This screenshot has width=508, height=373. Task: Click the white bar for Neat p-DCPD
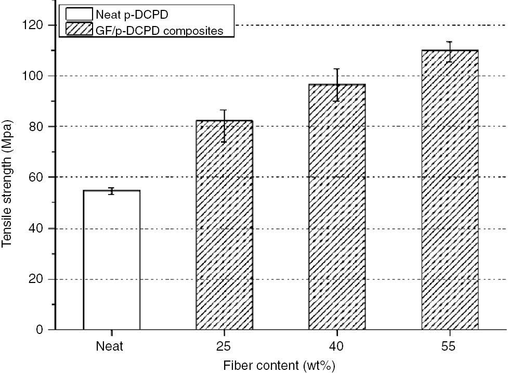pyautogui.click(x=111, y=260)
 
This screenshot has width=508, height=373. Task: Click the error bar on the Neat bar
pyautogui.click(x=111, y=191)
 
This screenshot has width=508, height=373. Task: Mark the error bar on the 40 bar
pyautogui.click(x=337, y=85)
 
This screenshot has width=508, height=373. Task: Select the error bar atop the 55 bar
pyautogui.click(x=450, y=52)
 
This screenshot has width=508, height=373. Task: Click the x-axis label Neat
pyautogui.click(x=109, y=345)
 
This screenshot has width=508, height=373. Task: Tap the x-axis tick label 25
pyautogui.click(x=224, y=345)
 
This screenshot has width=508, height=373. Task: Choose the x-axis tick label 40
pyautogui.click(x=337, y=345)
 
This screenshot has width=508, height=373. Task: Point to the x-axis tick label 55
pyautogui.click(x=450, y=345)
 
